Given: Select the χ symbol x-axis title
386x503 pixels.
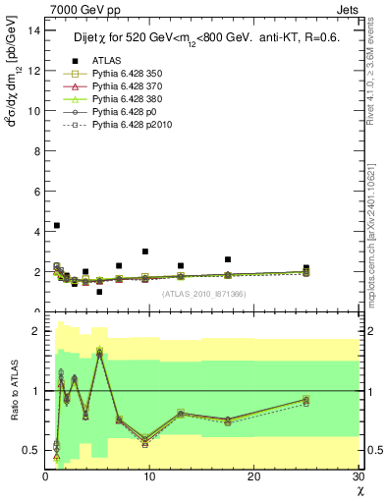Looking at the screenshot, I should pyautogui.click(x=358, y=490).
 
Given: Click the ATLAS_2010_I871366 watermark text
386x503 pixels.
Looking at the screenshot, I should pyautogui.click(x=204, y=294).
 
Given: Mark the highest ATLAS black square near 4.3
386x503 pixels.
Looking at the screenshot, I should pyautogui.click(x=57, y=226).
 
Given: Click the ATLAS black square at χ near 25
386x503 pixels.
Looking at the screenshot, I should pyautogui.click(x=306, y=267).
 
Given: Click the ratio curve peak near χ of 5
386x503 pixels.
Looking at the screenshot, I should pyautogui.click(x=99, y=352).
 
